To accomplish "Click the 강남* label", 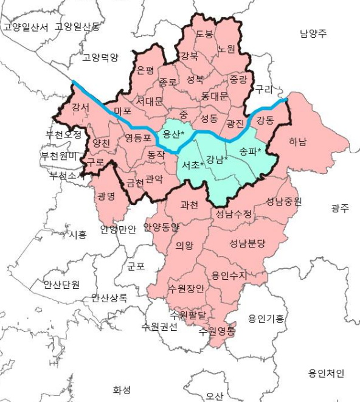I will [217, 160].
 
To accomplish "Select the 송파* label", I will [250, 151].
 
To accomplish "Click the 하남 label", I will [298, 142].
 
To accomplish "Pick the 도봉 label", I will [204, 35].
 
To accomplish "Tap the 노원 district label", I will [226, 49].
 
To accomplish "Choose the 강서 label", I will [80, 108].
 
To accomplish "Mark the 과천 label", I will [189, 205].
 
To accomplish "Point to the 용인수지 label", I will [229, 276].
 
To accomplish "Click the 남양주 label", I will [313, 33].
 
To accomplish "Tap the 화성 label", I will [122, 390].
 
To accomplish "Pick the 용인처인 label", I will [326, 373].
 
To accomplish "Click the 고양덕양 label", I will [100, 58].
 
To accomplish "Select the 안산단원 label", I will [61, 284].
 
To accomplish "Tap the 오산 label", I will [214, 396].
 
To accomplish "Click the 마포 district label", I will [123, 111].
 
